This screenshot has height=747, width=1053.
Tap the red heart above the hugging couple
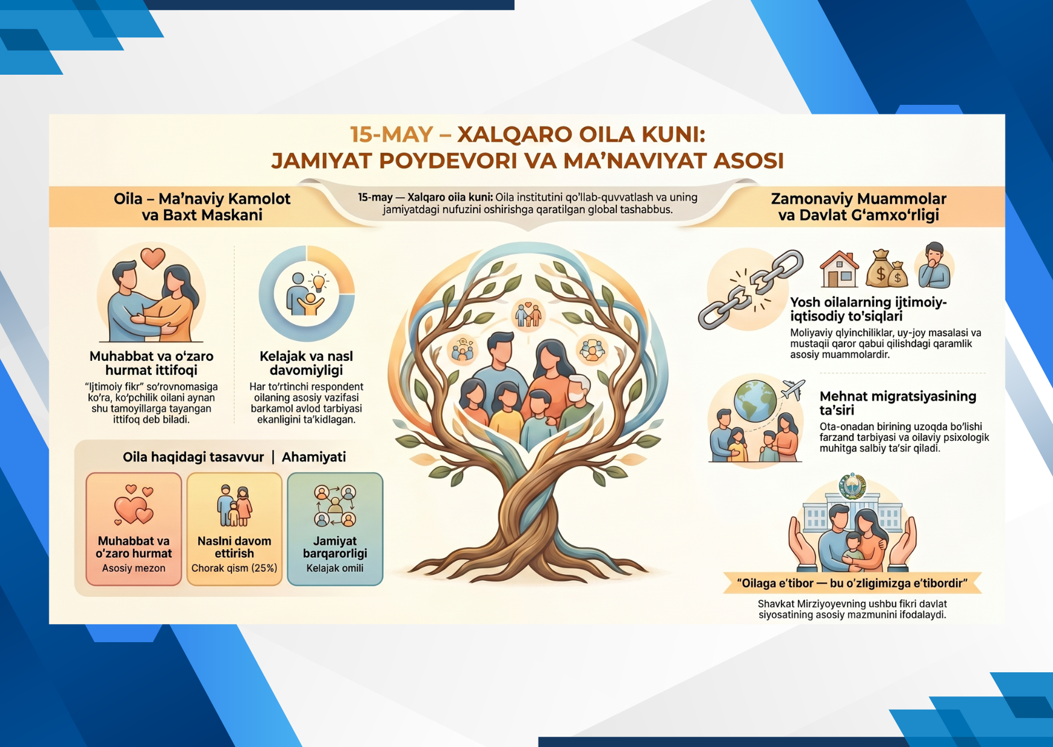153,258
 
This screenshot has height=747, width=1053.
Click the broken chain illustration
751,289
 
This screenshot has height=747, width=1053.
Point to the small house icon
839,269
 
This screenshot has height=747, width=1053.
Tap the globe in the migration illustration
755,401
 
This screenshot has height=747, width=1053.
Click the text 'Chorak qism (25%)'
234,568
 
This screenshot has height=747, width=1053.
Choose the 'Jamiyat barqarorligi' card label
335,547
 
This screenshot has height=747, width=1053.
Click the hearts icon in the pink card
134,504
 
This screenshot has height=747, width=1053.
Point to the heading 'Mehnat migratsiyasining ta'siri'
898,403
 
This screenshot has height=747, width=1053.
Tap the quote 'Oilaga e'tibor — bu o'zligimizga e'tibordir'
852,583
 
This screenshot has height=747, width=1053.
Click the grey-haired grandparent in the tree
577,401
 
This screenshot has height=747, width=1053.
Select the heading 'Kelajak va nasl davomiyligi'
306,363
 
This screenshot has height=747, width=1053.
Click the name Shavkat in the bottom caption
776,604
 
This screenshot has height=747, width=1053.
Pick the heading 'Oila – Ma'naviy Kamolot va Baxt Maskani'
202,207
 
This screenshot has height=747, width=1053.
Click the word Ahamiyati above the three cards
314,457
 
